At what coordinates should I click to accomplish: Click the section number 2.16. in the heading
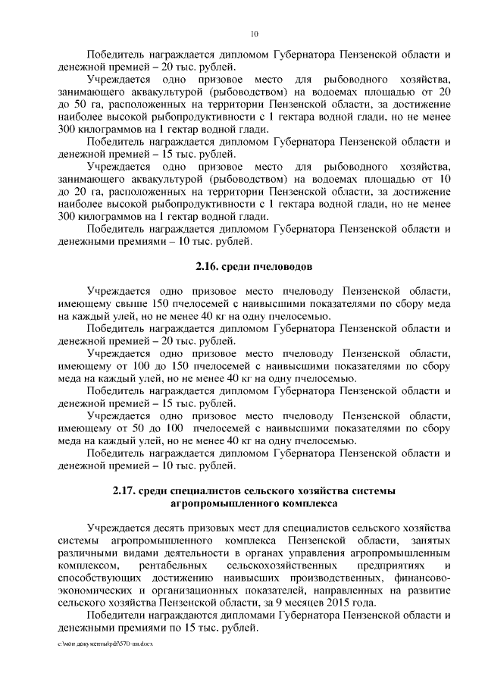pos(202,267)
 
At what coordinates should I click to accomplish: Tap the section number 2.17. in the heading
pos(127,491)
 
